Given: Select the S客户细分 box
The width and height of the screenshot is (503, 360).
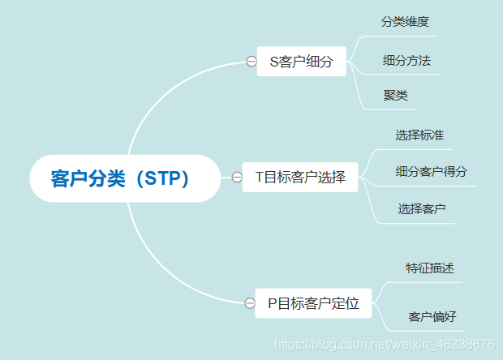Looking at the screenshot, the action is point(301,62).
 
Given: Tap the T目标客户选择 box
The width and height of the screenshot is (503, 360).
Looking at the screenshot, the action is point(300,178).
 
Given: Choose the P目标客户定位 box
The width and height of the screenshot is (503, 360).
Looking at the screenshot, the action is point(312,303).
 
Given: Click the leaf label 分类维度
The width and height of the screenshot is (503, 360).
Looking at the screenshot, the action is point(406,22).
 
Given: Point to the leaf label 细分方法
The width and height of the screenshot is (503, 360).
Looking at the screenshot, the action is point(406,61).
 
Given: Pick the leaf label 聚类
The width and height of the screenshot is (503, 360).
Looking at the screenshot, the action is point(396,96).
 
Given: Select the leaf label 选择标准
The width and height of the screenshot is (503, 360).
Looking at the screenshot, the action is point(419,135).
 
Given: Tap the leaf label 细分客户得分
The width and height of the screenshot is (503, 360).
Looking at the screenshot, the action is point(431,172).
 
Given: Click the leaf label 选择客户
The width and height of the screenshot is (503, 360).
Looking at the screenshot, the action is point(422,209).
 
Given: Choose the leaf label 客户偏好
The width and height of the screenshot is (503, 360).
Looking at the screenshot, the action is point(432,316).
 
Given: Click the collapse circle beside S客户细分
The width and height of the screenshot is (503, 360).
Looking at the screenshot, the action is point(251,62).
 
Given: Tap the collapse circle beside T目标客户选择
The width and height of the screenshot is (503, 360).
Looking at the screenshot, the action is point(237,178).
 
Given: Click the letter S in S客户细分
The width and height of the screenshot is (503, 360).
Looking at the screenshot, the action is point(274,62).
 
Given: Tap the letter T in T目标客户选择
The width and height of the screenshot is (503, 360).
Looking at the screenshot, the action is point(259,178).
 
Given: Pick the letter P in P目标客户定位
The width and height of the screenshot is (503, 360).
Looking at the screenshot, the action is point(272,303).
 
